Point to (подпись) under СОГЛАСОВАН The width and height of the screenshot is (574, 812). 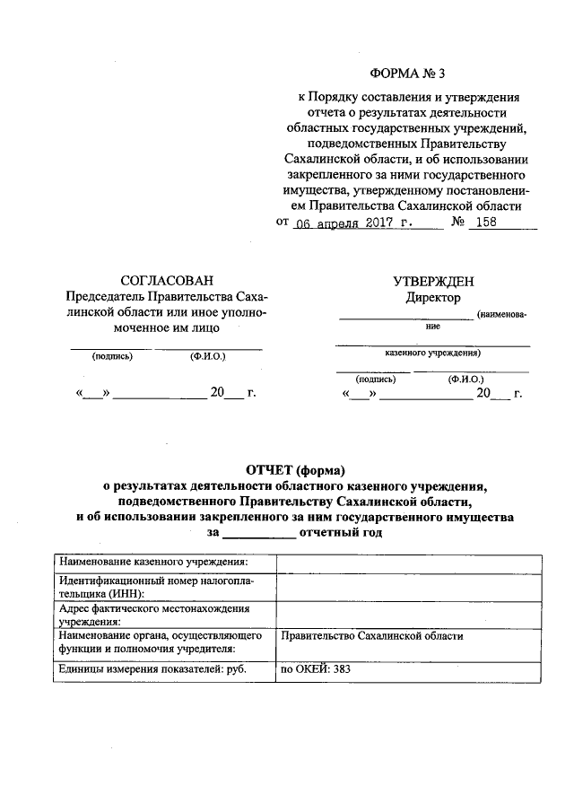point(112,357)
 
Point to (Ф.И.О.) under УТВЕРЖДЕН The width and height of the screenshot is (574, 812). point(466,379)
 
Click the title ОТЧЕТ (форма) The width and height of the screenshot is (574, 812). point(295,469)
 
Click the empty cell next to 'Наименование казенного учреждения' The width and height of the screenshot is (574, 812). point(407,563)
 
